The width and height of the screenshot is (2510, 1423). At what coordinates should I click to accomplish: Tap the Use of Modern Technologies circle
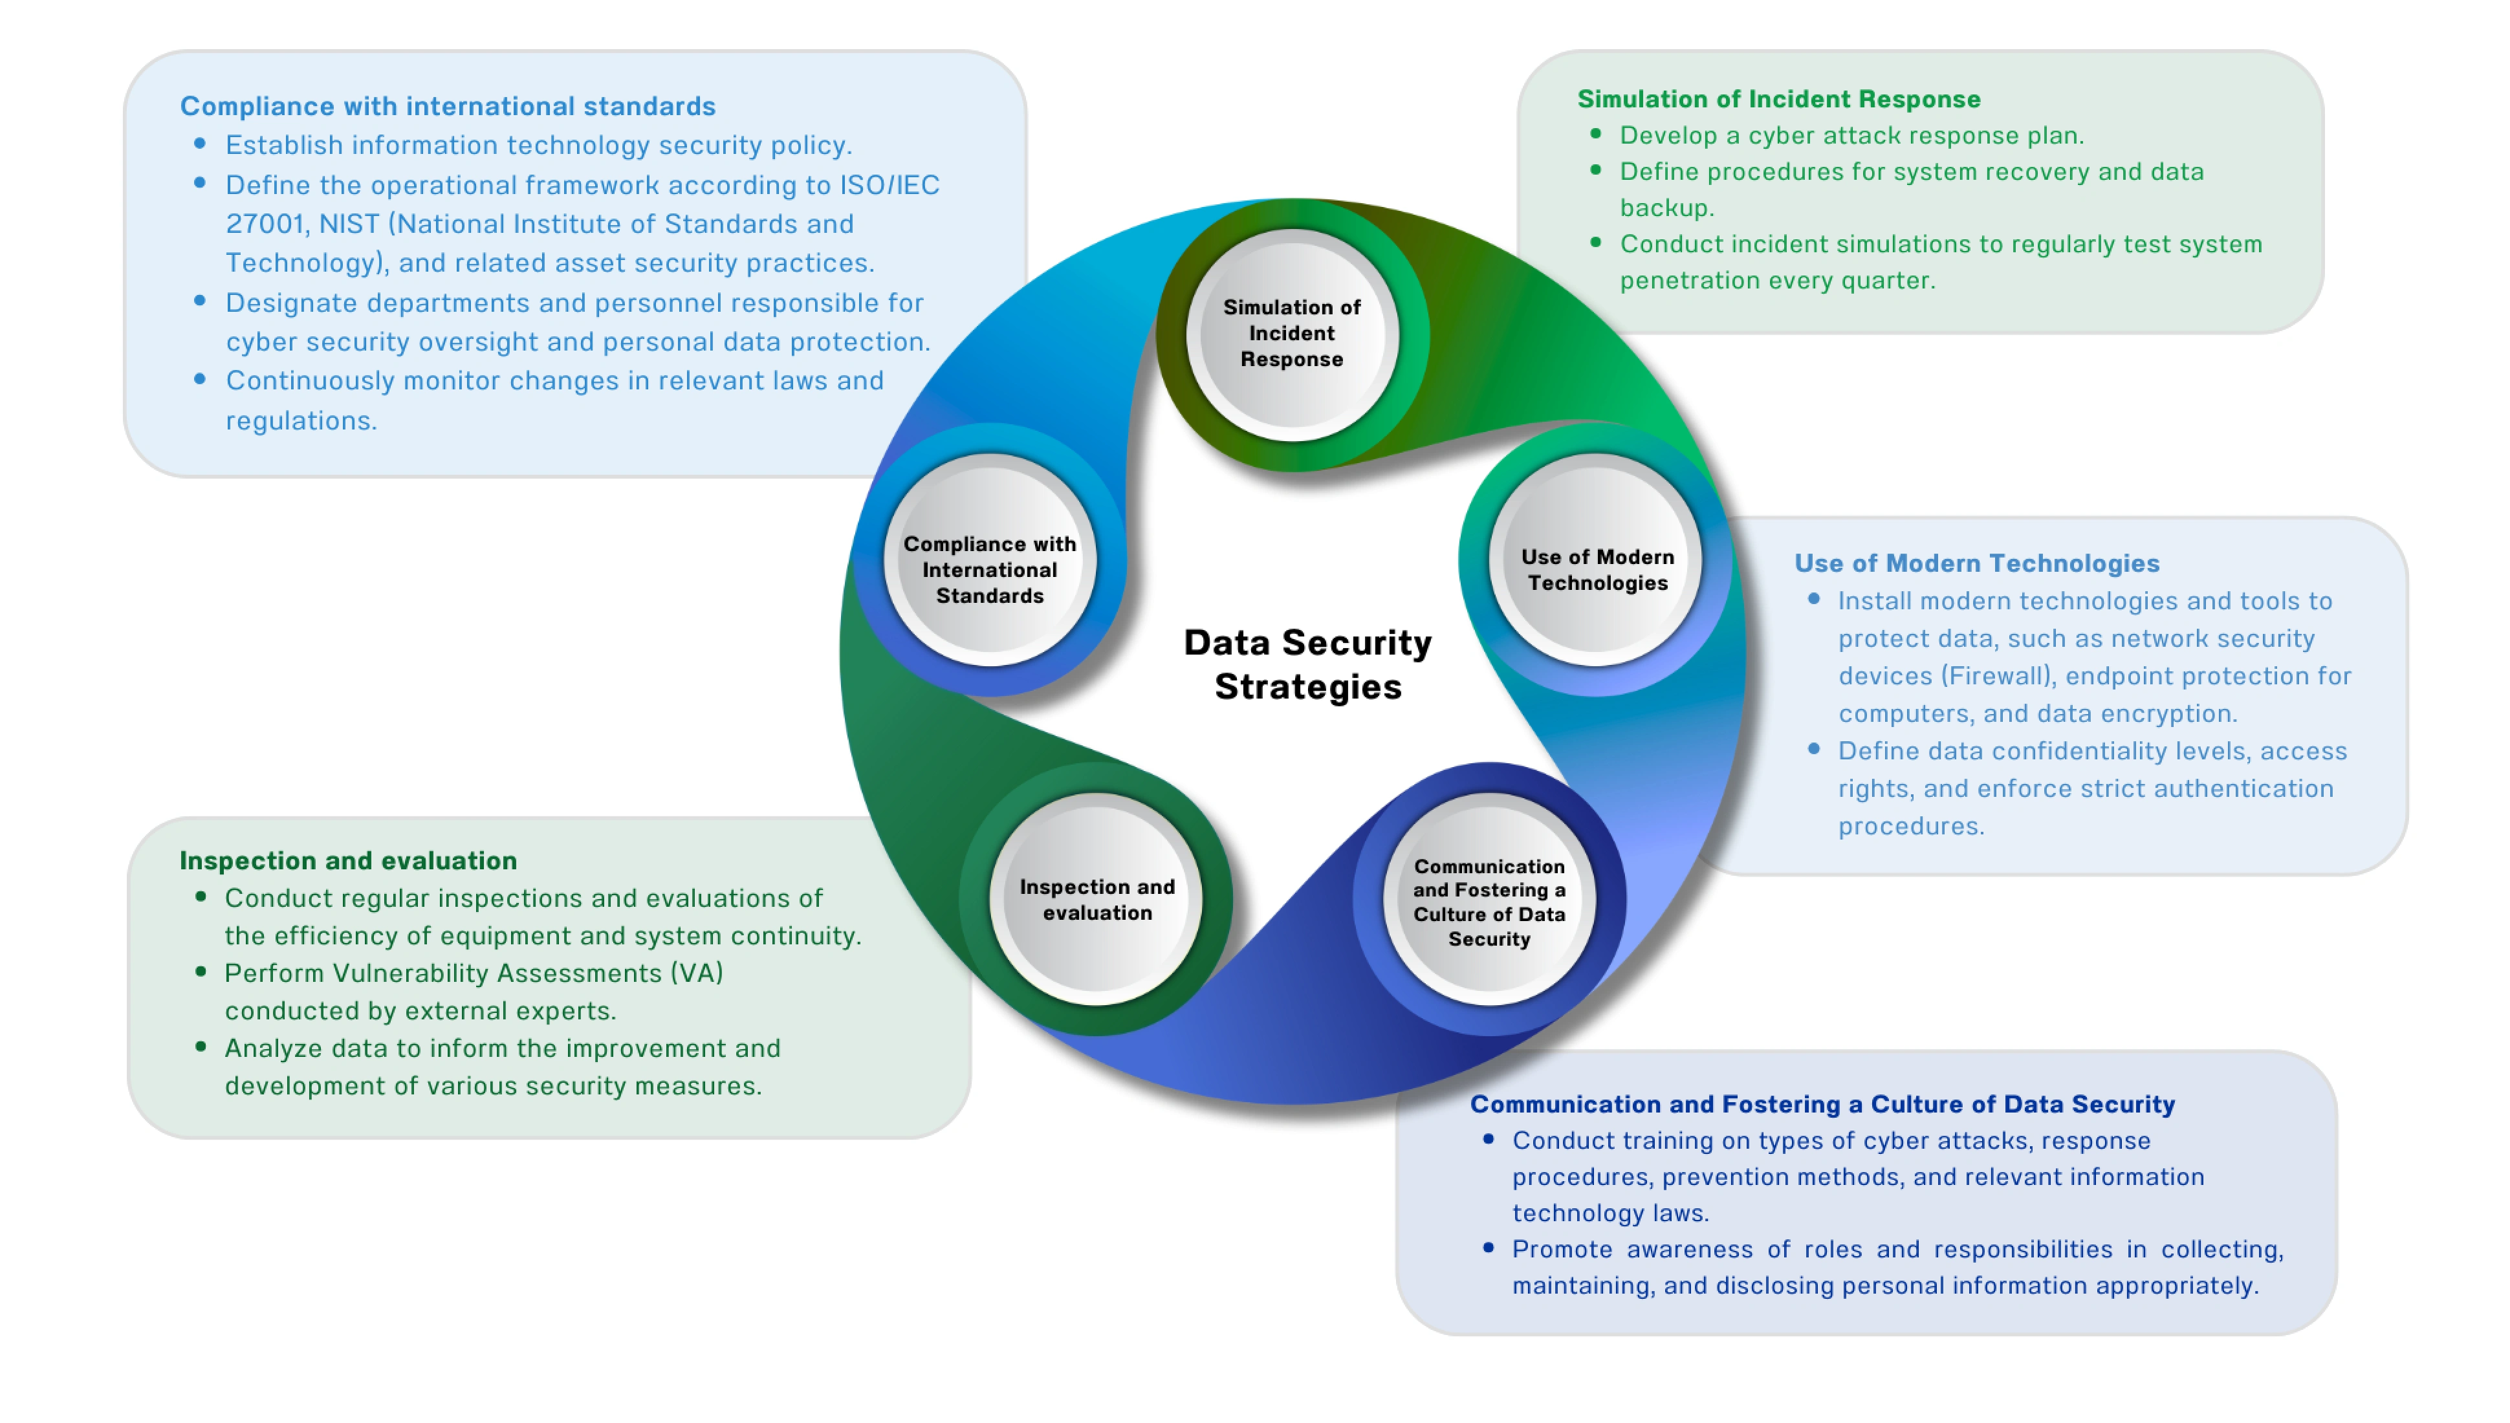click(x=1596, y=570)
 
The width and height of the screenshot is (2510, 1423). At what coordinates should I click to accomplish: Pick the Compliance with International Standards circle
click(x=989, y=570)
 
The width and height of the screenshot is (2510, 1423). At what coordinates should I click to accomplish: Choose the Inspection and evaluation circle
click(x=1097, y=899)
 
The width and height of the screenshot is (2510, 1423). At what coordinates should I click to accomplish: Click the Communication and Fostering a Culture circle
click(x=1489, y=901)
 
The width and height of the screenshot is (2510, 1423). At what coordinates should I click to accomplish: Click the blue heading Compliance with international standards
click(x=448, y=105)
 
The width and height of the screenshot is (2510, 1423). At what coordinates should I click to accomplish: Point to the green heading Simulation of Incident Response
click(x=1778, y=99)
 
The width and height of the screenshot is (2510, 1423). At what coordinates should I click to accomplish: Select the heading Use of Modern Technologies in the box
click(x=1976, y=563)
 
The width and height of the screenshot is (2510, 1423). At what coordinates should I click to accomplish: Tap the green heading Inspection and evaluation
click(x=348, y=860)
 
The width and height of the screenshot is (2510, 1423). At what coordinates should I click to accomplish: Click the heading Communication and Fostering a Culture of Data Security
click(x=1822, y=1103)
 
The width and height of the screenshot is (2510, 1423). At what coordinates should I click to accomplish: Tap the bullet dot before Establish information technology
click(x=201, y=144)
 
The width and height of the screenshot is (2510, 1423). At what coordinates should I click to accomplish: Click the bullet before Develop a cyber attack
click(x=1595, y=134)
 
